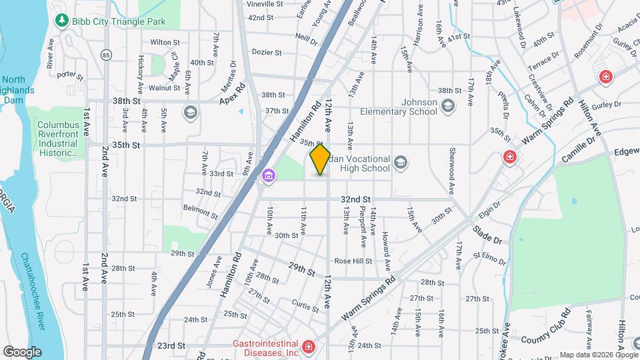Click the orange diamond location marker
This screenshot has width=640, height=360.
pyautogui.click(x=320, y=159)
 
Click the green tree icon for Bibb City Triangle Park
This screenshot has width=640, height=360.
pyautogui.click(x=63, y=21)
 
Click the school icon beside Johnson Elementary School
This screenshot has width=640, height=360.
pyautogui.click(x=447, y=106)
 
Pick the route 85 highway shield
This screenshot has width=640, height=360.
pyautogui.click(x=107, y=54)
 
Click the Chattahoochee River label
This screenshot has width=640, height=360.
pyautogui.click(x=33, y=289)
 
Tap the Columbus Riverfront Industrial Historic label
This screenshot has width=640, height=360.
pyautogui.click(x=58, y=139)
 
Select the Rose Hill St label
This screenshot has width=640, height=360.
pyautogui.click(x=353, y=261)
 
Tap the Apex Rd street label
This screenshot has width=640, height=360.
pyautogui.click(x=233, y=94)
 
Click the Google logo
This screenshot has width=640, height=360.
pyautogui.click(x=22, y=351)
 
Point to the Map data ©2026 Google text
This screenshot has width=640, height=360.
pyautogui.click(x=597, y=355)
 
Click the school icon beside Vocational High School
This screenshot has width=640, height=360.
pyautogui.click(x=401, y=161)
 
